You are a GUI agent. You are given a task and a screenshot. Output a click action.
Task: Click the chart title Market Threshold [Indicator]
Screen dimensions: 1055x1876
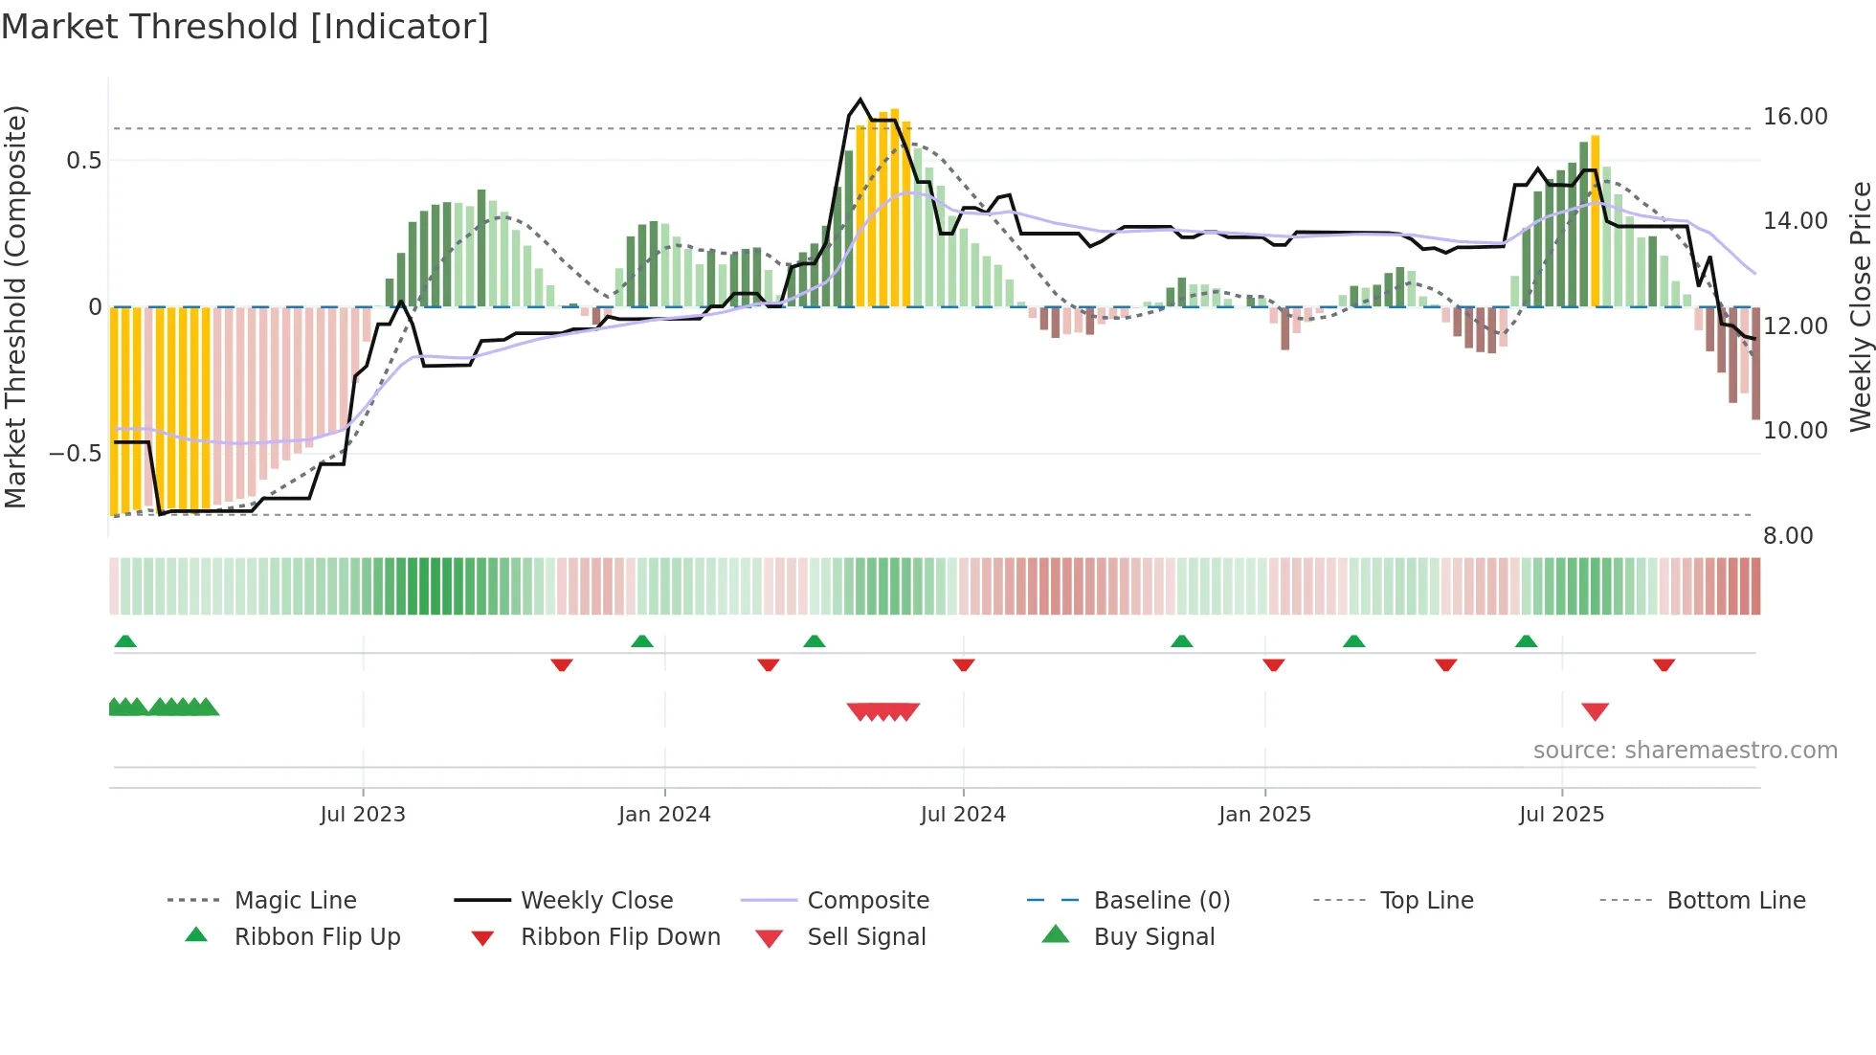click(x=245, y=27)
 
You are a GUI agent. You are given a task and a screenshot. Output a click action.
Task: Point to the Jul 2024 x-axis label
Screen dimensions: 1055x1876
click(x=963, y=814)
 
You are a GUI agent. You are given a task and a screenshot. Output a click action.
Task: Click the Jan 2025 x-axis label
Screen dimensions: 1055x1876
click(x=1264, y=814)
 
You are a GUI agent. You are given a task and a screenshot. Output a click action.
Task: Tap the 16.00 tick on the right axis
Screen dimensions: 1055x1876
click(x=1795, y=117)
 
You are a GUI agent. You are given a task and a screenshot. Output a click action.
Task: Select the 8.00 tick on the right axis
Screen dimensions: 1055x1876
click(x=1788, y=536)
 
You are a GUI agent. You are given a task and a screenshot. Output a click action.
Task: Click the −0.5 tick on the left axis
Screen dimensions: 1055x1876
click(x=76, y=453)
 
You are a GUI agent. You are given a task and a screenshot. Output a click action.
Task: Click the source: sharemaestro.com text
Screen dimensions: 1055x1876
click(x=1685, y=750)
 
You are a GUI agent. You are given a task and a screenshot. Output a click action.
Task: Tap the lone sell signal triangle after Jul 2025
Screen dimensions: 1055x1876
click(x=1595, y=711)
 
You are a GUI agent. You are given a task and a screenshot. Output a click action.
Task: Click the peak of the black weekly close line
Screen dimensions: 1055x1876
click(x=860, y=100)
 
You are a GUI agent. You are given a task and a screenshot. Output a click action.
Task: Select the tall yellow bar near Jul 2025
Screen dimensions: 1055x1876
click(x=1595, y=220)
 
